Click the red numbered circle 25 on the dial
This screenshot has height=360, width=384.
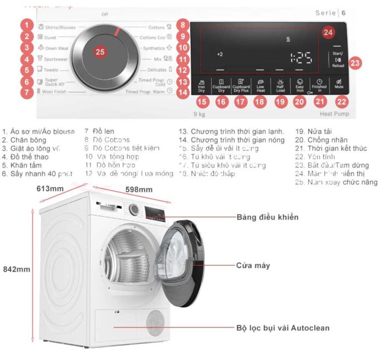[x=100, y=52]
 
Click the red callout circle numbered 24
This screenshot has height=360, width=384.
[x=327, y=32]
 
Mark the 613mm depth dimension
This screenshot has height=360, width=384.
[x=50, y=189]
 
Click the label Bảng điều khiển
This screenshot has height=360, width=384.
[x=267, y=217]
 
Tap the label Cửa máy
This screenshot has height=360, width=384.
[x=252, y=266]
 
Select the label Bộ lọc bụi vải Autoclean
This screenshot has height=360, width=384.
[x=283, y=328]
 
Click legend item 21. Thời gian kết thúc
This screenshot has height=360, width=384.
[x=337, y=148]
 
